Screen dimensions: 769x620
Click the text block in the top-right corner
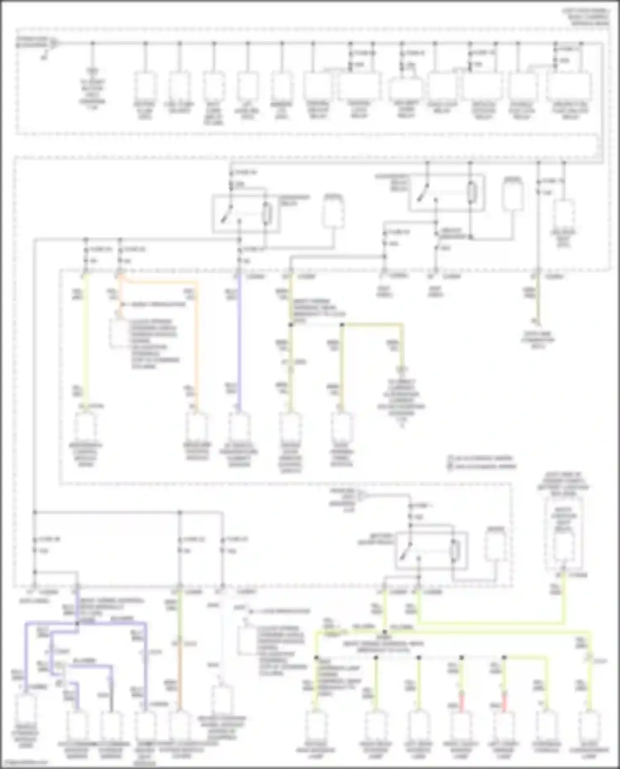[x=586, y=17]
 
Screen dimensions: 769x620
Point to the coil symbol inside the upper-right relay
[x=472, y=193]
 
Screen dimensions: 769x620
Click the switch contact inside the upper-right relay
[x=422, y=193]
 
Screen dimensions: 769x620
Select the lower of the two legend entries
[x=482, y=467]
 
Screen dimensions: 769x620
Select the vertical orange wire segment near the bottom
[x=180, y=682]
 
